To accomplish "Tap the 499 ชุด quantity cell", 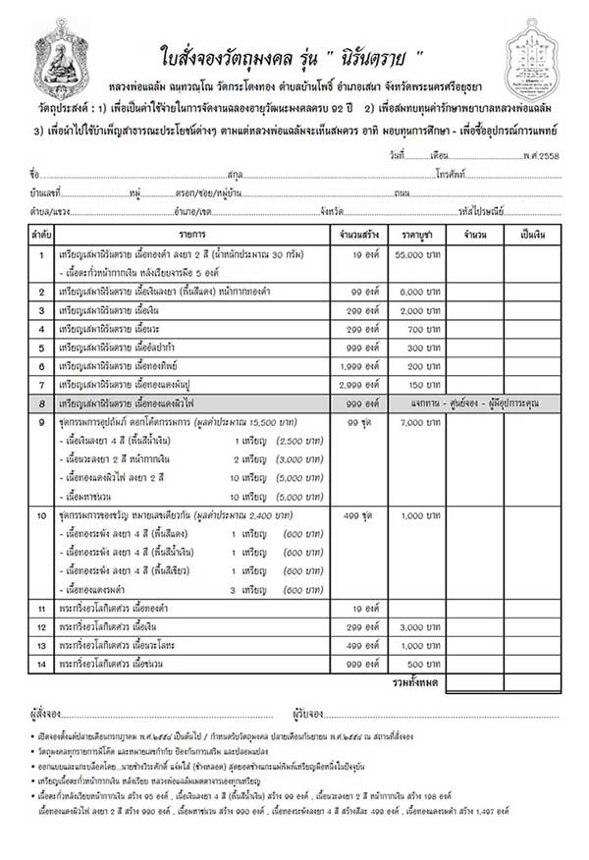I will coord(350,514).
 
